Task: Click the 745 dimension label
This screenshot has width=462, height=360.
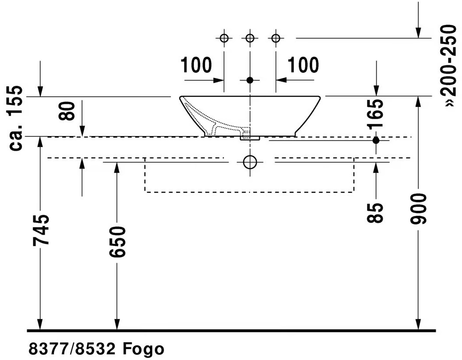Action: click(x=40, y=230)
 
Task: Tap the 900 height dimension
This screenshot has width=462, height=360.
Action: click(x=418, y=208)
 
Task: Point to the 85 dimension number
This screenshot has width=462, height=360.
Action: click(x=375, y=213)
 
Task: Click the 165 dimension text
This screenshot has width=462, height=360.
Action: click(x=376, y=114)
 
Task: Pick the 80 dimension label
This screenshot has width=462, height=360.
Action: click(x=67, y=111)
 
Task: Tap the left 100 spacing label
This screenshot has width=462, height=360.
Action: click(x=196, y=65)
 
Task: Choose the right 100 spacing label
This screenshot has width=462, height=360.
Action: click(x=303, y=65)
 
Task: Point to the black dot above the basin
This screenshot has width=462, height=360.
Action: click(x=250, y=80)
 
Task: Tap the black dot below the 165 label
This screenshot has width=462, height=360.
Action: click(x=376, y=141)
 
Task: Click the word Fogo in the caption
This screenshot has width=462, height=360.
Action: click(x=143, y=349)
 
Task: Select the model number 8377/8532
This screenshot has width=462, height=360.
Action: click(x=72, y=349)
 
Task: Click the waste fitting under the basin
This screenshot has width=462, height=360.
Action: click(x=250, y=138)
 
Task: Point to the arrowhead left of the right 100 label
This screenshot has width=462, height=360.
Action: click(x=281, y=80)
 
